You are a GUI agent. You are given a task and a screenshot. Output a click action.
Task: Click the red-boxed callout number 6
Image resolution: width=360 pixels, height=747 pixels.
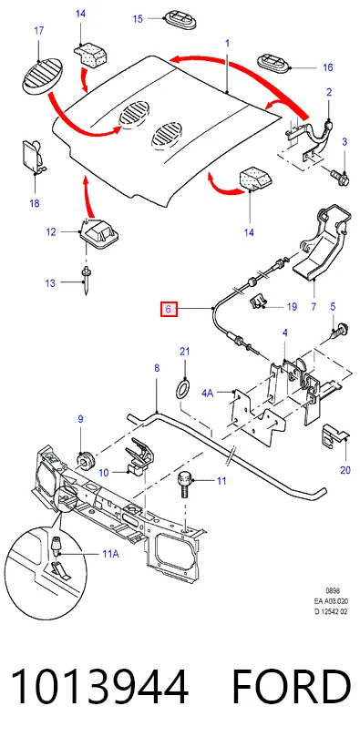point(169,310)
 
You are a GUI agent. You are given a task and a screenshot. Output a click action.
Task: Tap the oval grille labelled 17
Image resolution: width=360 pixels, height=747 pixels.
point(43,76)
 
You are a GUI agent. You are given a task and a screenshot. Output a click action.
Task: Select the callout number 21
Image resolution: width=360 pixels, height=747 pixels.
point(184,352)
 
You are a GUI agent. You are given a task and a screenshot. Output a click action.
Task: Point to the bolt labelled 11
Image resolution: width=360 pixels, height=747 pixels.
point(185,484)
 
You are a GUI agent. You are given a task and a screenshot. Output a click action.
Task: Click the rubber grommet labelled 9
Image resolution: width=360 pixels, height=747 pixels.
point(86,460)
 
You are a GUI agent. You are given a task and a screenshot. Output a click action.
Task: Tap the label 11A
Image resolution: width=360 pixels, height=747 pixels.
point(110,554)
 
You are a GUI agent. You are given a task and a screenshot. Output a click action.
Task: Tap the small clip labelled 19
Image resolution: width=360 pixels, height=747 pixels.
point(258,301)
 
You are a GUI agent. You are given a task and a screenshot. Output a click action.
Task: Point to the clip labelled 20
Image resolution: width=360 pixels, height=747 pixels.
point(335,435)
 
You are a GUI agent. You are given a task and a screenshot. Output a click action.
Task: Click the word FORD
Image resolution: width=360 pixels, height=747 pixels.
point(291,686)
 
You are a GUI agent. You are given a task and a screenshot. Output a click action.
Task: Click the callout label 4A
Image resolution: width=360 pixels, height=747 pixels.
point(208,393)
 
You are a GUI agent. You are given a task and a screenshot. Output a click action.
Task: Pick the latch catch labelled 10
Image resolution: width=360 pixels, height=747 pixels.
point(139,456)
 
